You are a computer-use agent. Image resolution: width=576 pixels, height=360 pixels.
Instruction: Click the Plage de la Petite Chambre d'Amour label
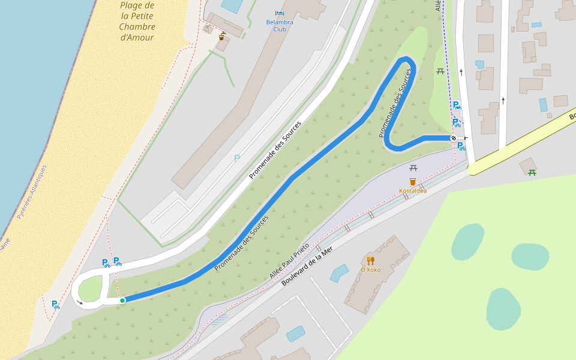click(x=137, y=22)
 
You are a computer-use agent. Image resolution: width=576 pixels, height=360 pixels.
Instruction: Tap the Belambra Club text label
click(x=280, y=25)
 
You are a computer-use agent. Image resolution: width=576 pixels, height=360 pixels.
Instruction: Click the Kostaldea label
click(x=413, y=191)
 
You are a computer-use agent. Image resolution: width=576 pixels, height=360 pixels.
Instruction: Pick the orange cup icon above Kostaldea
click(x=413, y=181)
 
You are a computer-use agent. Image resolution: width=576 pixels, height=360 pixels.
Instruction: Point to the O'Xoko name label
click(x=370, y=269)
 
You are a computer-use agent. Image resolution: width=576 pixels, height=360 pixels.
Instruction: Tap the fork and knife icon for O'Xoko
click(x=371, y=260)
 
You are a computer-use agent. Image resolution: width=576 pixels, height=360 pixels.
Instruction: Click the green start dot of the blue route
click(x=122, y=300)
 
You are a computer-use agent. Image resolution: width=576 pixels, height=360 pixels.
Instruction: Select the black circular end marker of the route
click(x=454, y=138)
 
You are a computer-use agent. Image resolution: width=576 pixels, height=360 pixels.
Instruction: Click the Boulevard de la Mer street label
click(x=307, y=266)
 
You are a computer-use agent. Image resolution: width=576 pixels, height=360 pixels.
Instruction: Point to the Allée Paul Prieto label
click(x=289, y=260)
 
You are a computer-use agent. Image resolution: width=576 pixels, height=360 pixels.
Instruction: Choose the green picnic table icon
click(x=532, y=173)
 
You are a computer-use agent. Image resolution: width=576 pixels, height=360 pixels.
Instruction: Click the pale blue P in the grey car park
click(x=237, y=158)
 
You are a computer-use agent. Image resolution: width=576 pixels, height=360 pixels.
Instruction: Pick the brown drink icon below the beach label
click(x=222, y=37)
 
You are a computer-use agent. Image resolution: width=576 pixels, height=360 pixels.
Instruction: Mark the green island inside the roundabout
click(x=90, y=290)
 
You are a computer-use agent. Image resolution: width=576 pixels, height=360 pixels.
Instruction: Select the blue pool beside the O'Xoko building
click(x=339, y=273)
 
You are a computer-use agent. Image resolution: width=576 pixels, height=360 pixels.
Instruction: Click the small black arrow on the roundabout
click(x=80, y=302)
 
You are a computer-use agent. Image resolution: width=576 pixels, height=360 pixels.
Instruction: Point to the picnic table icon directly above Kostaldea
click(x=413, y=168)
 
